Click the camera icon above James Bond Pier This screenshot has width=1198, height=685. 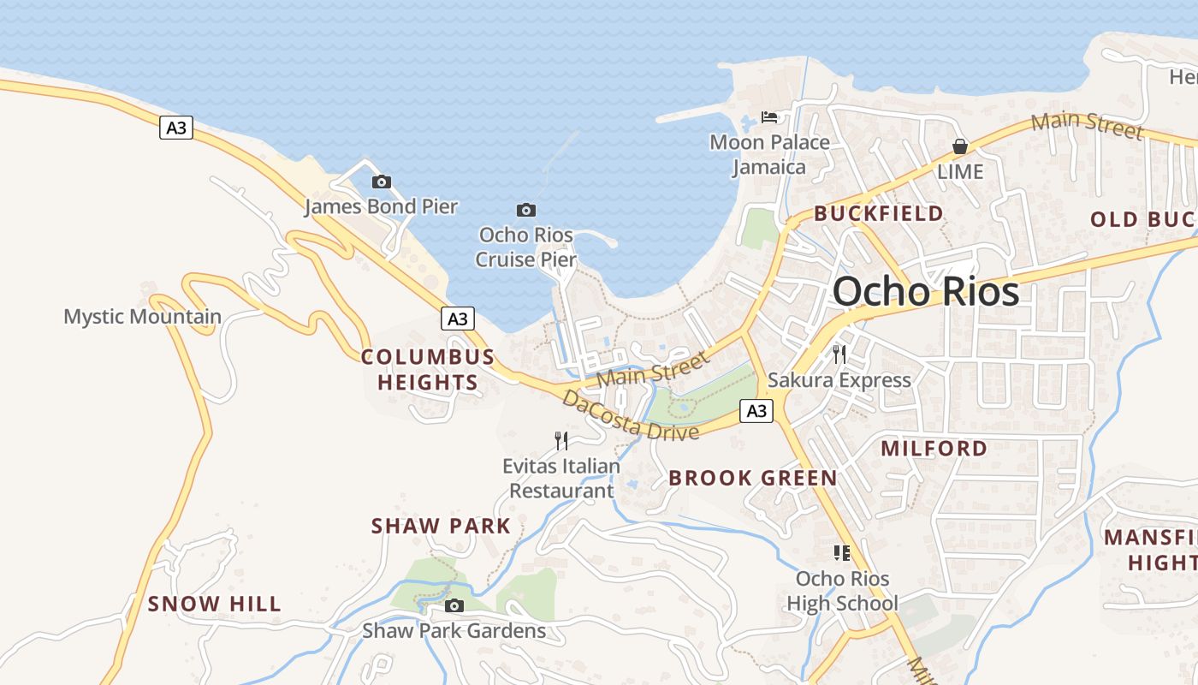tap(382, 182)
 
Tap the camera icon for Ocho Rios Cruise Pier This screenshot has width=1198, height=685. tap(526, 210)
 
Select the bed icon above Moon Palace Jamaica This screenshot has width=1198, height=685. tap(769, 116)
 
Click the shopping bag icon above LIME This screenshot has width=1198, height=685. tap(960, 146)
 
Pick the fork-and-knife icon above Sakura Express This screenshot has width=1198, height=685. tap(839, 354)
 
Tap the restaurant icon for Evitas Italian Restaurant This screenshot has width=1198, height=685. tap(561, 441)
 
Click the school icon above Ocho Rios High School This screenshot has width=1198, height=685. tap(842, 553)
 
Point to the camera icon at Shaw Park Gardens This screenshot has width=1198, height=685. tap(454, 606)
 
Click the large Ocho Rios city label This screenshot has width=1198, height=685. tap(926, 291)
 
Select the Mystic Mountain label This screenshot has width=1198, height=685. tap(142, 317)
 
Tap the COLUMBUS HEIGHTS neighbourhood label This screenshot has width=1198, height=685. tap(428, 369)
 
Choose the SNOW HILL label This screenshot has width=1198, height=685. tap(215, 604)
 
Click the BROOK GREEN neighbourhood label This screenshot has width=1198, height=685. tap(753, 478)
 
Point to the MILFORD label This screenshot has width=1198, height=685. tap(934, 448)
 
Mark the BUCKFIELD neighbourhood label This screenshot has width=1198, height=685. tap(879, 213)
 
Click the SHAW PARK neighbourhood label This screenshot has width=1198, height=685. tap(441, 526)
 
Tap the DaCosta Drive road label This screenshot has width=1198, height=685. tap(630, 416)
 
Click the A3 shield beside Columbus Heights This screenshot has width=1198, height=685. tap(458, 319)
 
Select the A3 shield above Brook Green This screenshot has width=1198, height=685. tap(756, 411)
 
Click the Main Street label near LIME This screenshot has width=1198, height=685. tap(1087, 125)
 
